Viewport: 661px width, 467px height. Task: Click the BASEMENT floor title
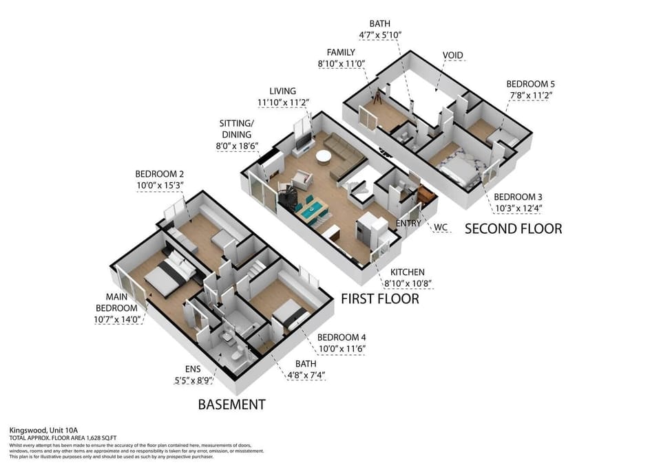pyautogui.click(x=231, y=404)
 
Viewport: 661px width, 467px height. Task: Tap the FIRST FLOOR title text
pyautogui.click(x=379, y=298)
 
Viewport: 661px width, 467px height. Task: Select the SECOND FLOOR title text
pyautogui.click(x=513, y=228)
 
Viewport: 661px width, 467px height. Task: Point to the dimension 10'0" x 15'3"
pyautogui.click(x=159, y=186)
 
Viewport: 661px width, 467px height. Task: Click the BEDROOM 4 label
pyautogui.click(x=341, y=337)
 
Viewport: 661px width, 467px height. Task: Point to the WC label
pyautogui.click(x=440, y=227)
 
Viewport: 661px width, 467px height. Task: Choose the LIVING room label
pyautogui.click(x=283, y=91)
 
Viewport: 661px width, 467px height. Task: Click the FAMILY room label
pyautogui.click(x=341, y=52)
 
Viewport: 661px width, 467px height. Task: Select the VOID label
pyautogui.click(x=452, y=55)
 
